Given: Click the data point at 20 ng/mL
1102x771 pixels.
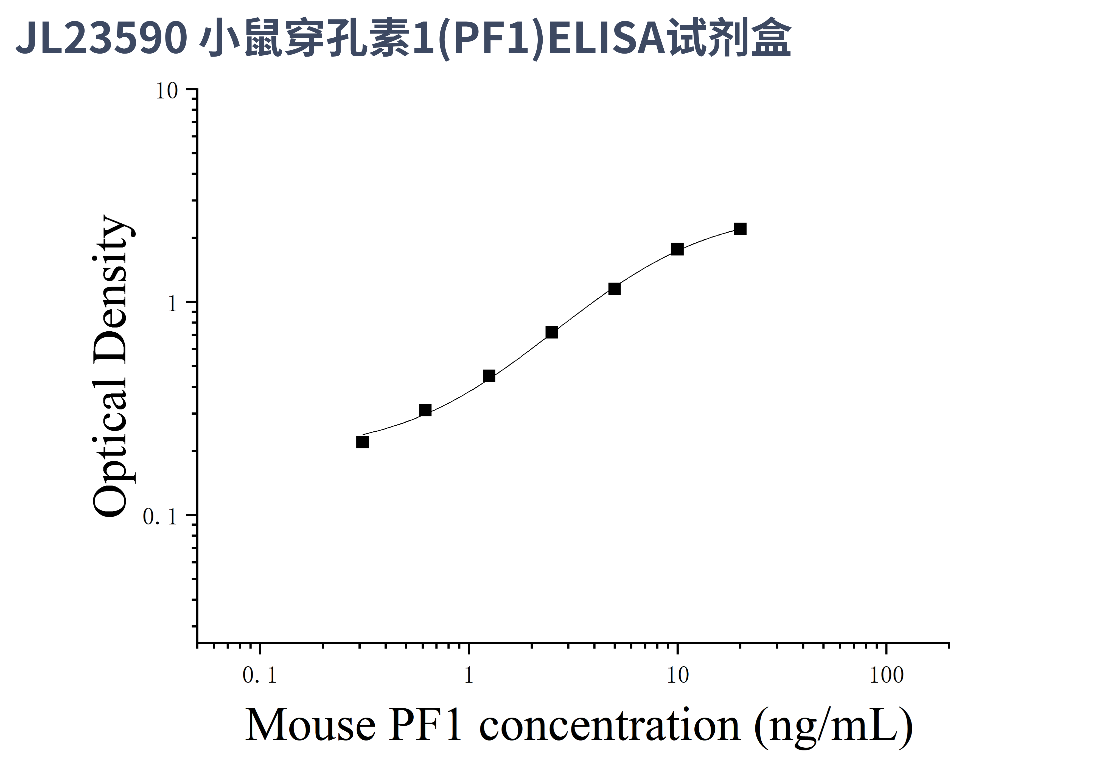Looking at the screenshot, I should point(740,229).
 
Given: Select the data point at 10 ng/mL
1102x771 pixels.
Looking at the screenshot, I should point(677,249).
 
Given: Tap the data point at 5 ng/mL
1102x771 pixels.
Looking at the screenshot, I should point(614,289).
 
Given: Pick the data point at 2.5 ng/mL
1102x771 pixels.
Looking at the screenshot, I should point(552,332).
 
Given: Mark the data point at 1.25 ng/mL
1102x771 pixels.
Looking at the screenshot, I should point(489,376).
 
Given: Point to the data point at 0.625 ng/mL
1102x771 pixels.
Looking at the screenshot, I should point(425,410).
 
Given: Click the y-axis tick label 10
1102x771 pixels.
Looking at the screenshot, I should point(167,91).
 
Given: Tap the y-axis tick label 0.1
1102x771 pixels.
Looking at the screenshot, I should point(160,517).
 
